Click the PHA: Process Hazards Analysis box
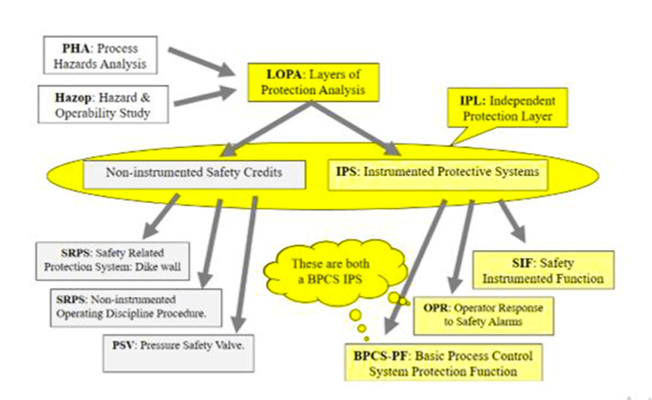click(x=97, y=54)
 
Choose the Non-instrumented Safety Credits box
click(x=195, y=174)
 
